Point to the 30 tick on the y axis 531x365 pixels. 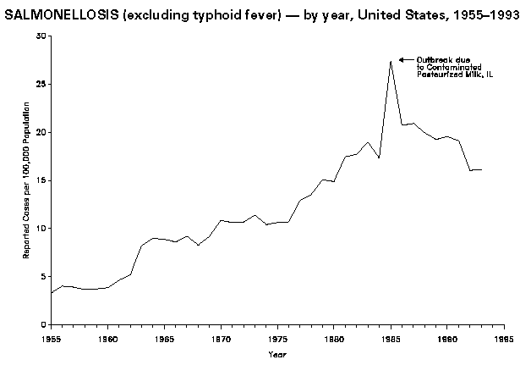[x=41, y=36]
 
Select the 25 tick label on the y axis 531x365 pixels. [x=41, y=85]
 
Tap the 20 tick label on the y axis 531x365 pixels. [x=41, y=133]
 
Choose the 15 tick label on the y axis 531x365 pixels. [x=41, y=180]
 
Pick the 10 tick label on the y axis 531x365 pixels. [x=41, y=229]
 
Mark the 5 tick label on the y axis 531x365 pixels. [x=44, y=277]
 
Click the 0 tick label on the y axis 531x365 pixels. [x=44, y=324]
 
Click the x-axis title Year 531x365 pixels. [x=277, y=353]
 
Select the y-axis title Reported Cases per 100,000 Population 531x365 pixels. [x=26, y=180]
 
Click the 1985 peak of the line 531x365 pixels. [x=391, y=61]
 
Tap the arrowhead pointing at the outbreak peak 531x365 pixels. [x=402, y=59]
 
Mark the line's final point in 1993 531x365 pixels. [x=481, y=170]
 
